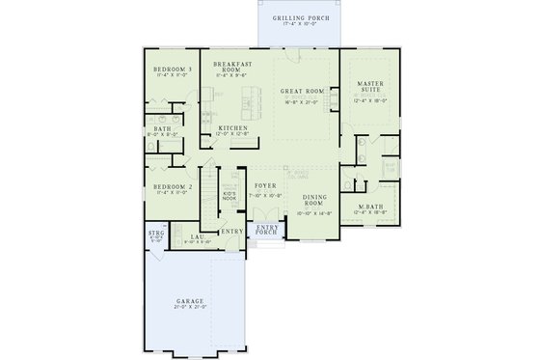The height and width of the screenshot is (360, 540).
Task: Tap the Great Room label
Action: (298, 90)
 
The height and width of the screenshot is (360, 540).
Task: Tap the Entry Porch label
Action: (265, 229)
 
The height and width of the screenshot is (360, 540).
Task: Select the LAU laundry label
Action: (196, 235)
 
